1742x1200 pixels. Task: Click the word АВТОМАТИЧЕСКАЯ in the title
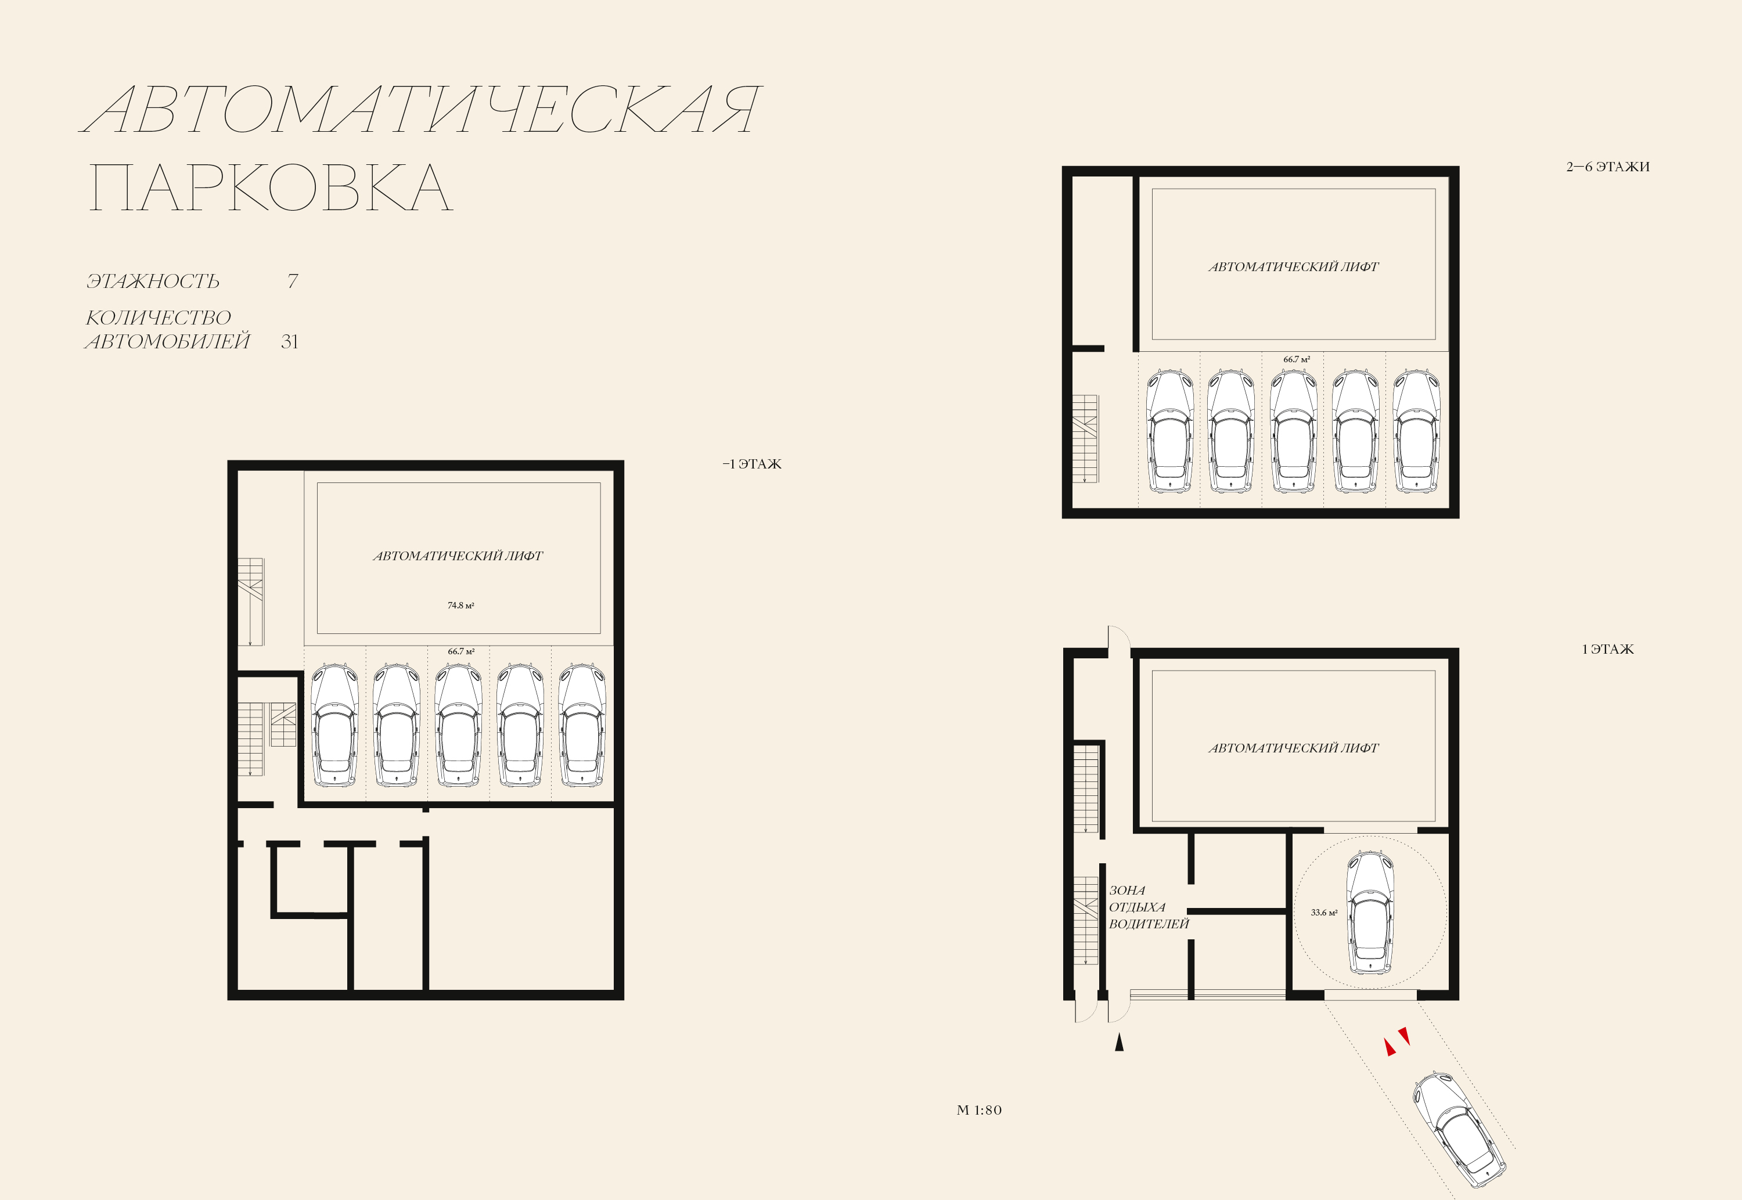tap(421, 110)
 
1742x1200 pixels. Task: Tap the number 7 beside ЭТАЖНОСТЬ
tap(293, 281)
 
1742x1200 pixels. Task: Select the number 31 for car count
tap(289, 342)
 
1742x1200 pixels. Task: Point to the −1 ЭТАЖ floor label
tap(752, 464)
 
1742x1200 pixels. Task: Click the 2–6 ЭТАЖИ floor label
tap(1608, 167)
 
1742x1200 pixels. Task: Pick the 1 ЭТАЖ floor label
tap(1608, 650)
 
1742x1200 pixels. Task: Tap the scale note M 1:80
tap(979, 1111)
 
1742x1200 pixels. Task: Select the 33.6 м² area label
tap(1324, 913)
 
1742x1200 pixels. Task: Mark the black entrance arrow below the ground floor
tap(1119, 1042)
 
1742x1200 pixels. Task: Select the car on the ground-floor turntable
tap(1370, 912)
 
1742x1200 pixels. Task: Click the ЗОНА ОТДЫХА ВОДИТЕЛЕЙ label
tap(1149, 907)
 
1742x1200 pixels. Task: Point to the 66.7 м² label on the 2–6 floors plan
tap(1297, 359)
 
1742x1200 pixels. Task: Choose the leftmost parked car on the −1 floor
tap(334, 725)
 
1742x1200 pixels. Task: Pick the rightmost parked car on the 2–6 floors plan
tap(1416, 431)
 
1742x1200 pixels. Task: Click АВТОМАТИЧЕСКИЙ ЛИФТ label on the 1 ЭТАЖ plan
tap(1294, 748)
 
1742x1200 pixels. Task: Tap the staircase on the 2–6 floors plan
tap(1085, 438)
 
